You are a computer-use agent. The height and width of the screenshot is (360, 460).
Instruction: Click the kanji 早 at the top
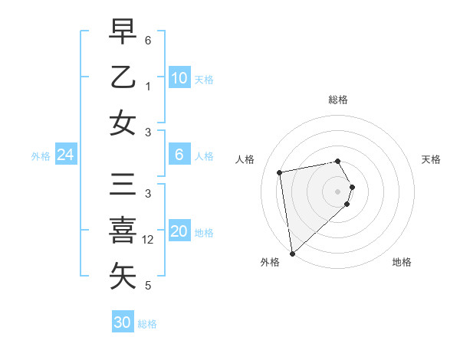[123, 33]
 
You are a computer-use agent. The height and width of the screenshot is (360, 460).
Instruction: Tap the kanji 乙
[123, 77]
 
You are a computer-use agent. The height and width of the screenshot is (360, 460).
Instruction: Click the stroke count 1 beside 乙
[148, 87]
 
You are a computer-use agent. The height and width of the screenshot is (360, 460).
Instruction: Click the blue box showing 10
[179, 78]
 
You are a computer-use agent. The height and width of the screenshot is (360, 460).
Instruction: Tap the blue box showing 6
[179, 155]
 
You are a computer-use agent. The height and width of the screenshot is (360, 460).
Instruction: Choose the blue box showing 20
[179, 232]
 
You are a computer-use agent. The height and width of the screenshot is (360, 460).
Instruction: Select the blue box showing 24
[65, 155]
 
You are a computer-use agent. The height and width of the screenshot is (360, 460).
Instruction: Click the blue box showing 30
[122, 322]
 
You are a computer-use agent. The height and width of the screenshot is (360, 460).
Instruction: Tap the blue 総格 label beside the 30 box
[147, 324]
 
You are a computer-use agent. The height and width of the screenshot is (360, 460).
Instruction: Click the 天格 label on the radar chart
[431, 159]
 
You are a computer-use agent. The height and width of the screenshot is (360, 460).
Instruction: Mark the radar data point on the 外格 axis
[292, 254]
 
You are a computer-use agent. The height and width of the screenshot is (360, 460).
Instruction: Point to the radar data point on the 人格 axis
[280, 172]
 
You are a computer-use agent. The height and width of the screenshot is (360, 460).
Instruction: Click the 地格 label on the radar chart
[402, 262]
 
